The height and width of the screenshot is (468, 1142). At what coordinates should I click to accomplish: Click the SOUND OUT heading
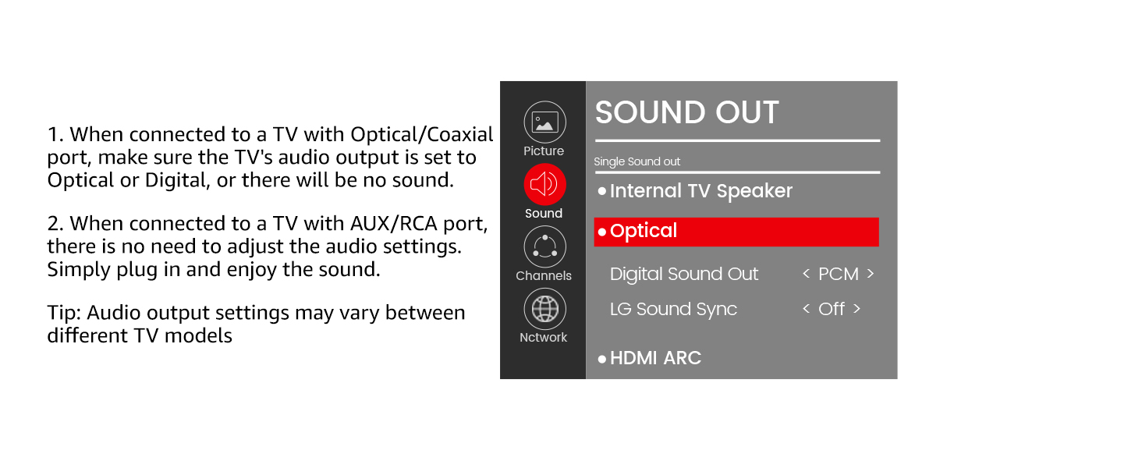[x=686, y=112]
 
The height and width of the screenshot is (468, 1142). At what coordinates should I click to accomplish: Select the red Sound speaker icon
[x=544, y=184]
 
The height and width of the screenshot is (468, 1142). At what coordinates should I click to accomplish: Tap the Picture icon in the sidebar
[x=544, y=122]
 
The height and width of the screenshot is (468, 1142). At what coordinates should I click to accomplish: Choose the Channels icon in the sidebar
[x=544, y=246]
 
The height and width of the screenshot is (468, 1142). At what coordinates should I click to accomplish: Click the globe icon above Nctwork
[x=544, y=309]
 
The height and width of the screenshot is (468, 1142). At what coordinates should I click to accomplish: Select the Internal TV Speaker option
[x=700, y=191]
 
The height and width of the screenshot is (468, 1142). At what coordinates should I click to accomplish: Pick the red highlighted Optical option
[x=736, y=232]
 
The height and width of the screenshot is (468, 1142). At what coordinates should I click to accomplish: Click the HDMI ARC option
[x=655, y=358]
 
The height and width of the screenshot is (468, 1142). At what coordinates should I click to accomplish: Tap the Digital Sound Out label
[x=683, y=275]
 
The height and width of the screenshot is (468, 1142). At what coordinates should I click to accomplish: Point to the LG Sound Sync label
[x=673, y=310]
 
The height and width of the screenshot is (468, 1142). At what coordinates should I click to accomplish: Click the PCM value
[x=838, y=275]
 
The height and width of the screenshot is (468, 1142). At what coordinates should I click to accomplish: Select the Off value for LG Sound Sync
[x=831, y=310]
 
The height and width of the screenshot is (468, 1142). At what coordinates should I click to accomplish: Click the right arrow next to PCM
[x=870, y=274]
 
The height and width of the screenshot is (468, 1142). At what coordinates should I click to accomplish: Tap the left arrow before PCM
[x=807, y=274]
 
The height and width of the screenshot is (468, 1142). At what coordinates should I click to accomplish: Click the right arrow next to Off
[x=856, y=309]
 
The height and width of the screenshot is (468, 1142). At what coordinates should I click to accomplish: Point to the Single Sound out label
[x=637, y=162]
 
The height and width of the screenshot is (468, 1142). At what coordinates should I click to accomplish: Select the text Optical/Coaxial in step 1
[x=421, y=135]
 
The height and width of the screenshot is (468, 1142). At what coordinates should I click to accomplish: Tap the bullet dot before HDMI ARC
[x=602, y=359]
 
